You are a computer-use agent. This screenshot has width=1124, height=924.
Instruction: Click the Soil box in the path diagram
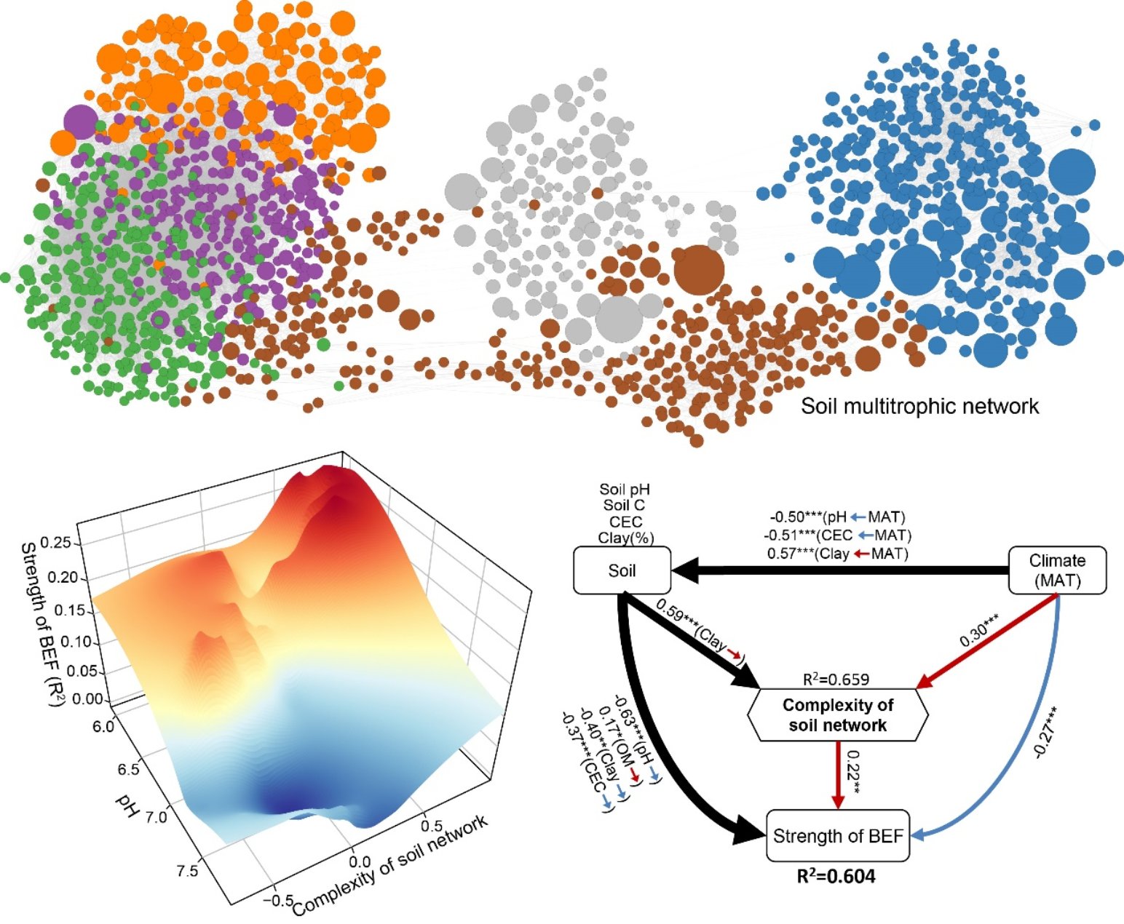coord(622,571)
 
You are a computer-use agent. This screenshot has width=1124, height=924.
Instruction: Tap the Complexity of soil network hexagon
coord(838,715)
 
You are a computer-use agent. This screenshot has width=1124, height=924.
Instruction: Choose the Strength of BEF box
coord(838,836)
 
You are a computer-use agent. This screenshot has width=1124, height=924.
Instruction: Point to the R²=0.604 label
coord(836,877)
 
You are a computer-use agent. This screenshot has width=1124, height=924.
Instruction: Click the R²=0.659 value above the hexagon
coord(836,680)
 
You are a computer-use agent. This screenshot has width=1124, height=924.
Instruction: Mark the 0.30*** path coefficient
coord(978,632)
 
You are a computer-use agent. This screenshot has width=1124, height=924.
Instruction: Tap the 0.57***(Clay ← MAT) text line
coord(838,554)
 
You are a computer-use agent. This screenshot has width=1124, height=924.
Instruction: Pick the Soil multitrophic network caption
coord(920,405)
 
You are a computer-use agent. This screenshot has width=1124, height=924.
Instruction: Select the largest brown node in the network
coord(699,270)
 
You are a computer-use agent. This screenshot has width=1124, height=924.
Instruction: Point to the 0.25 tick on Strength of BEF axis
coord(73,543)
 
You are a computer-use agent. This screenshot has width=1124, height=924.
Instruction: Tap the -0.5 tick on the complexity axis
coord(278,900)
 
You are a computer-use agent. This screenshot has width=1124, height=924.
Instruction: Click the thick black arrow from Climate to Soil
coord(837,571)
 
